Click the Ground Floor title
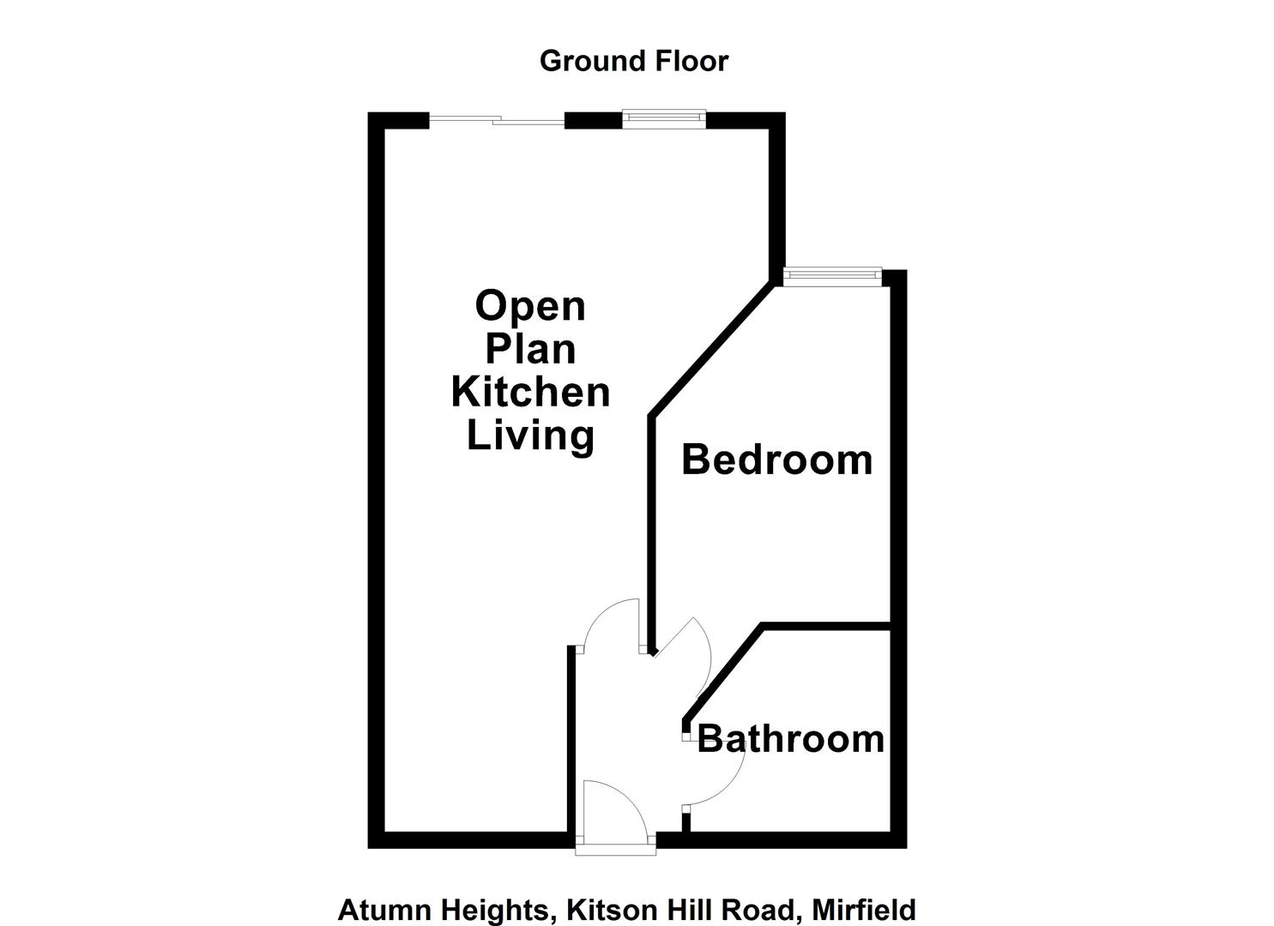click(633, 61)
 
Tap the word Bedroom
click(776, 460)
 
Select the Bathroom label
click(790, 738)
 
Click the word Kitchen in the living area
click(530, 392)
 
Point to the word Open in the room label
click(530, 306)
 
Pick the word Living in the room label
click(530, 435)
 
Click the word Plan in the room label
click(530, 349)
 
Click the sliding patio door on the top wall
click(497, 122)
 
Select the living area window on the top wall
click(664, 118)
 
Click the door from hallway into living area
click(609, 622)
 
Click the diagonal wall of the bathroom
click(723, 673)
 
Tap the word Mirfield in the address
click(863, 909)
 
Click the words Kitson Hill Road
click(679, 909)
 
